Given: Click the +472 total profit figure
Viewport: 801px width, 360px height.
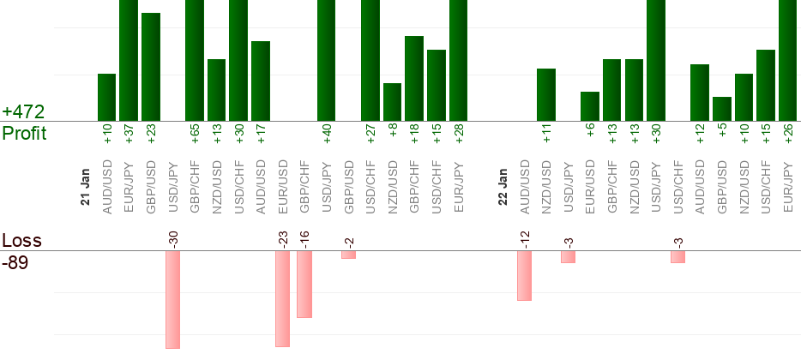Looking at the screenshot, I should [22, 111].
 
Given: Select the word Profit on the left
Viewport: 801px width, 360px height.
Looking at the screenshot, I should [24, 133].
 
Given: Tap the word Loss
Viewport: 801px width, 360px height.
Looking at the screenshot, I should [21, 241].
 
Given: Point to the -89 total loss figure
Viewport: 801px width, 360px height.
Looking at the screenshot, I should [15, 263].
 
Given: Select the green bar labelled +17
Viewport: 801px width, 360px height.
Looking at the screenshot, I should [261, 81].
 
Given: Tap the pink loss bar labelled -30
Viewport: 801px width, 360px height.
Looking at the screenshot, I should [172, 299].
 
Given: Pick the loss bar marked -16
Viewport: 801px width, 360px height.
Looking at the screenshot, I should [304, 284].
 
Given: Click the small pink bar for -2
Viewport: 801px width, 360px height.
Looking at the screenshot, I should [348, 255].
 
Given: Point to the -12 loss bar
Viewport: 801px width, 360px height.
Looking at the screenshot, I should [524, 275].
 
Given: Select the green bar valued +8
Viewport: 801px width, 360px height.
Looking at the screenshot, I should [392, 102].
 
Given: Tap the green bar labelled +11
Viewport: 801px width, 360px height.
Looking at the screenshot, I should [546, 94].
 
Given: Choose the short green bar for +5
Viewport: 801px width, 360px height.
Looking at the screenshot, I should [722, 109].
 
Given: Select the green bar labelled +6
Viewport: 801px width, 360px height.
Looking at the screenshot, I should [590, 106].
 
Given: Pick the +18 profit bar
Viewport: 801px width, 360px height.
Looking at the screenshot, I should [414, 78].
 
